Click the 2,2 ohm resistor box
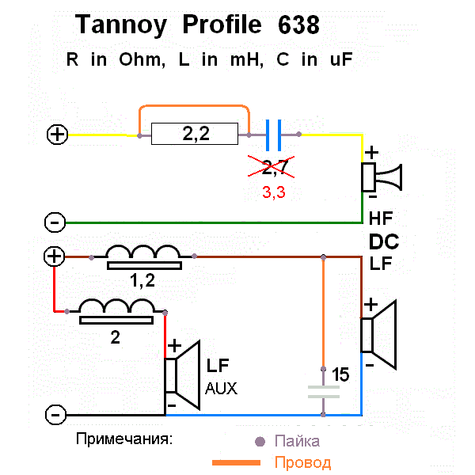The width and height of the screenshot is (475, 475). click(195, 134)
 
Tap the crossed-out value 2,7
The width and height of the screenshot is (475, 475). click(274, 166)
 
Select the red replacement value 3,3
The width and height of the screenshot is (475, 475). click(274, 191)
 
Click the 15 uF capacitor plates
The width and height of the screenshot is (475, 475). click(323, 390)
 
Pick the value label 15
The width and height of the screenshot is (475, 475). click(340, 374)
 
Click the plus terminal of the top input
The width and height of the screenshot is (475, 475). click(57, 135)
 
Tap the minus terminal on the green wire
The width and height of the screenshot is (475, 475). click(54, 222)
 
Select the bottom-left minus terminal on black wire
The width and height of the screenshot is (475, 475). click(55, 414)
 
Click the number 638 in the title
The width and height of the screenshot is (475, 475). click(298, 25)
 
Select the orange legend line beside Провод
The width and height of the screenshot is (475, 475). click(235, 462)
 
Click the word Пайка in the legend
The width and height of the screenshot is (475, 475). click(297, 441)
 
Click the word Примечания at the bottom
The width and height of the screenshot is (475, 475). click(124, 438)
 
